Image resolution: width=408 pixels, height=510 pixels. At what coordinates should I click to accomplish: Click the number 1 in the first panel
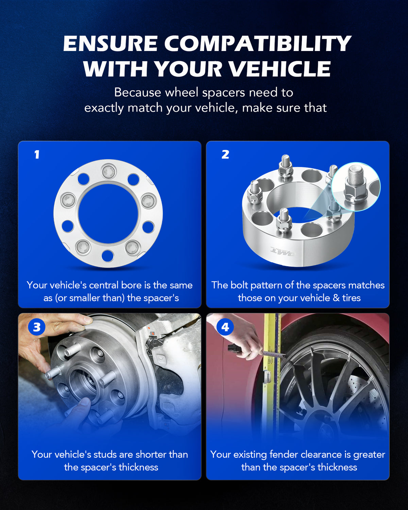click(x=37, y=154)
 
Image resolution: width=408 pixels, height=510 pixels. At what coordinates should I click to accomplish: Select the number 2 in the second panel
click(x=225, y=154)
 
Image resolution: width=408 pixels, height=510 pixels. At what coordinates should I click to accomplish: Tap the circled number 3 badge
click(x=37, y=327)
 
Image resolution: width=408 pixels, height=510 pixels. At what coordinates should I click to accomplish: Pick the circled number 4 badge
click(x=225, y=327)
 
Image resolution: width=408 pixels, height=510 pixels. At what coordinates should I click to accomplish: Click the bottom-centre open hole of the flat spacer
click(x=107, y=256)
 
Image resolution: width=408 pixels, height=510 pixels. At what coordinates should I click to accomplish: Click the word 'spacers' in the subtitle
click(x=223, y=92)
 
